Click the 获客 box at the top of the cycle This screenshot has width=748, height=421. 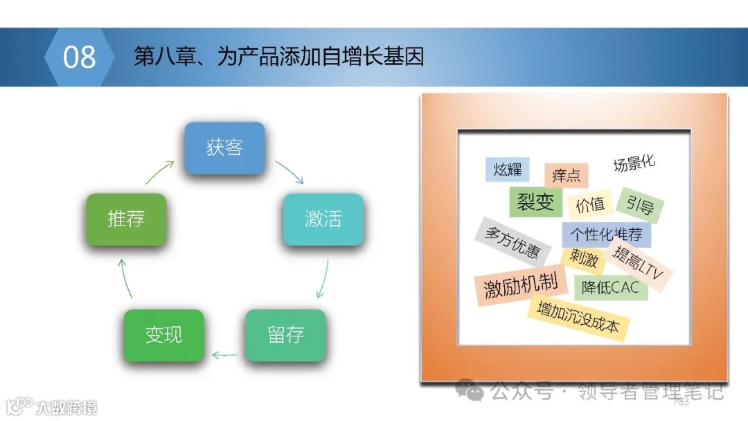point(224,147)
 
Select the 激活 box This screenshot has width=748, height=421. point(323,219)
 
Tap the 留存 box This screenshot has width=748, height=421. point(285,334)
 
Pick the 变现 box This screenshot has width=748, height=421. point(163,334)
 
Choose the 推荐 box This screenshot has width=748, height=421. point(126,219)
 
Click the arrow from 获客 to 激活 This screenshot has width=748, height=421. point(290,172)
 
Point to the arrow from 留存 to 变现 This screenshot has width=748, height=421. point(224,356)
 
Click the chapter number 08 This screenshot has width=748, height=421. point(79,57)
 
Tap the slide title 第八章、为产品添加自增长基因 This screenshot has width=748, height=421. point(278,57)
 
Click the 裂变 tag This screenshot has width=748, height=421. point(535,201)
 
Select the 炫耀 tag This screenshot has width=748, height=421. point(507,170)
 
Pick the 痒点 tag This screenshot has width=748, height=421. point(566,175)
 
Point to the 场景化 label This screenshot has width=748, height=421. point(634,163)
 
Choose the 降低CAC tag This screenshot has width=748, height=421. point(610,287)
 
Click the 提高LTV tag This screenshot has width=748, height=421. point(638,266)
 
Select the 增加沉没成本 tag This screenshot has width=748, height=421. point(578,318)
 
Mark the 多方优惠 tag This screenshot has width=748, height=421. point(513,242)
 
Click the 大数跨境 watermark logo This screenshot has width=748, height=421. point(51,406)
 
